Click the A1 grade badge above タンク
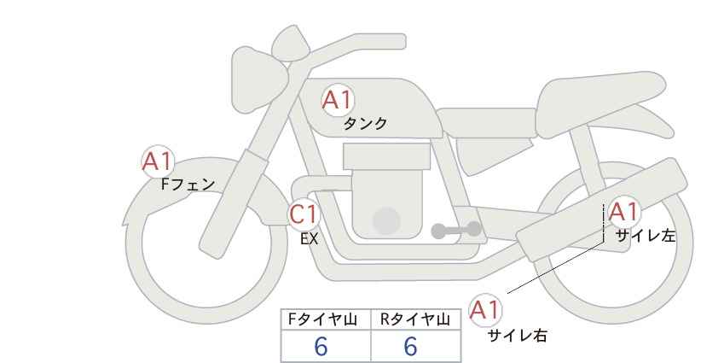(x=338, y=101)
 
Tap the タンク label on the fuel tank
(x=365, y=124)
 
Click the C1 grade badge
(x=303, y=214)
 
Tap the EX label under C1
(x=309, y=239)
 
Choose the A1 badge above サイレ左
(x=623, y=212)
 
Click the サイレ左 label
(x=645, y=236)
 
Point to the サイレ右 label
(x=518, y=335)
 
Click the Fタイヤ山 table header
(x=326, y=320)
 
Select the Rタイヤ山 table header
(x=415, y=320)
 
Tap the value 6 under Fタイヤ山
(x=321, y=347)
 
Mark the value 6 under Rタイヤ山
(x=410, y=347)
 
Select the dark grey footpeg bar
(x=457, y=230)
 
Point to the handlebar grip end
(x=288, y=39)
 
